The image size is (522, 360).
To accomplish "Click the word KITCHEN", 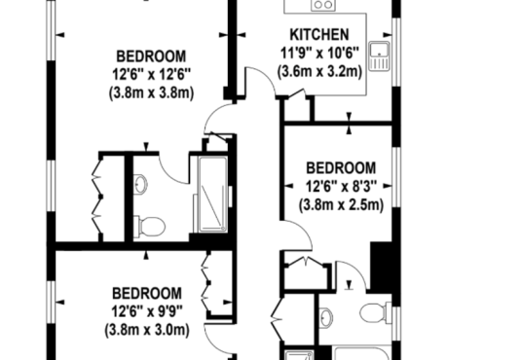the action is pos(319,35).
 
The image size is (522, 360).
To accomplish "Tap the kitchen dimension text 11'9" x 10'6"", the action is pos(319,53).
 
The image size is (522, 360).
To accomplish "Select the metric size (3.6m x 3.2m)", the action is pos(319,71).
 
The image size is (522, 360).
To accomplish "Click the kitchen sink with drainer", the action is pos(379,56).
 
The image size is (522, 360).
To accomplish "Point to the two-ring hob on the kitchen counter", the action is pos(323,5).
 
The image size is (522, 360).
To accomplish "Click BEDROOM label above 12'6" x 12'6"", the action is pos(151,56).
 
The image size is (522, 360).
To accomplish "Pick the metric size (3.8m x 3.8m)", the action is pos(151,92).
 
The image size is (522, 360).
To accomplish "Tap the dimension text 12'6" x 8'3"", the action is pos(341,186).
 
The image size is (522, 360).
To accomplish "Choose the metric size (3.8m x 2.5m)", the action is pos(341,204).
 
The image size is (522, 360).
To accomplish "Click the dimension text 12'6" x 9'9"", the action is pos(147,311).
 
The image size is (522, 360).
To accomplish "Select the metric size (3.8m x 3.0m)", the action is pos(147,330).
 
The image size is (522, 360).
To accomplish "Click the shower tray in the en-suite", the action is pos(212,194).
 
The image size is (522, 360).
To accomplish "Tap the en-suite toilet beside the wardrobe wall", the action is pos(149,227).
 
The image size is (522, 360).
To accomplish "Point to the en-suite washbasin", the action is pos(140,183).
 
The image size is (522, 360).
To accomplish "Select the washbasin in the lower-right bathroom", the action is pos(325,316).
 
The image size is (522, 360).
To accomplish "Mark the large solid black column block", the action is pos(382,266).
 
